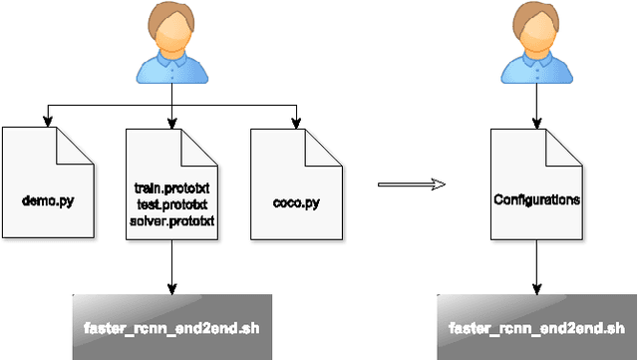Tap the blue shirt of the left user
(171, 68)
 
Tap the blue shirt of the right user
(536, 68)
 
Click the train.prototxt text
(172, 187)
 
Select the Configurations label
(536, 199)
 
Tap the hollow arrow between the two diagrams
(412, 183)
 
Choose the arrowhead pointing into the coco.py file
(296, 124)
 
